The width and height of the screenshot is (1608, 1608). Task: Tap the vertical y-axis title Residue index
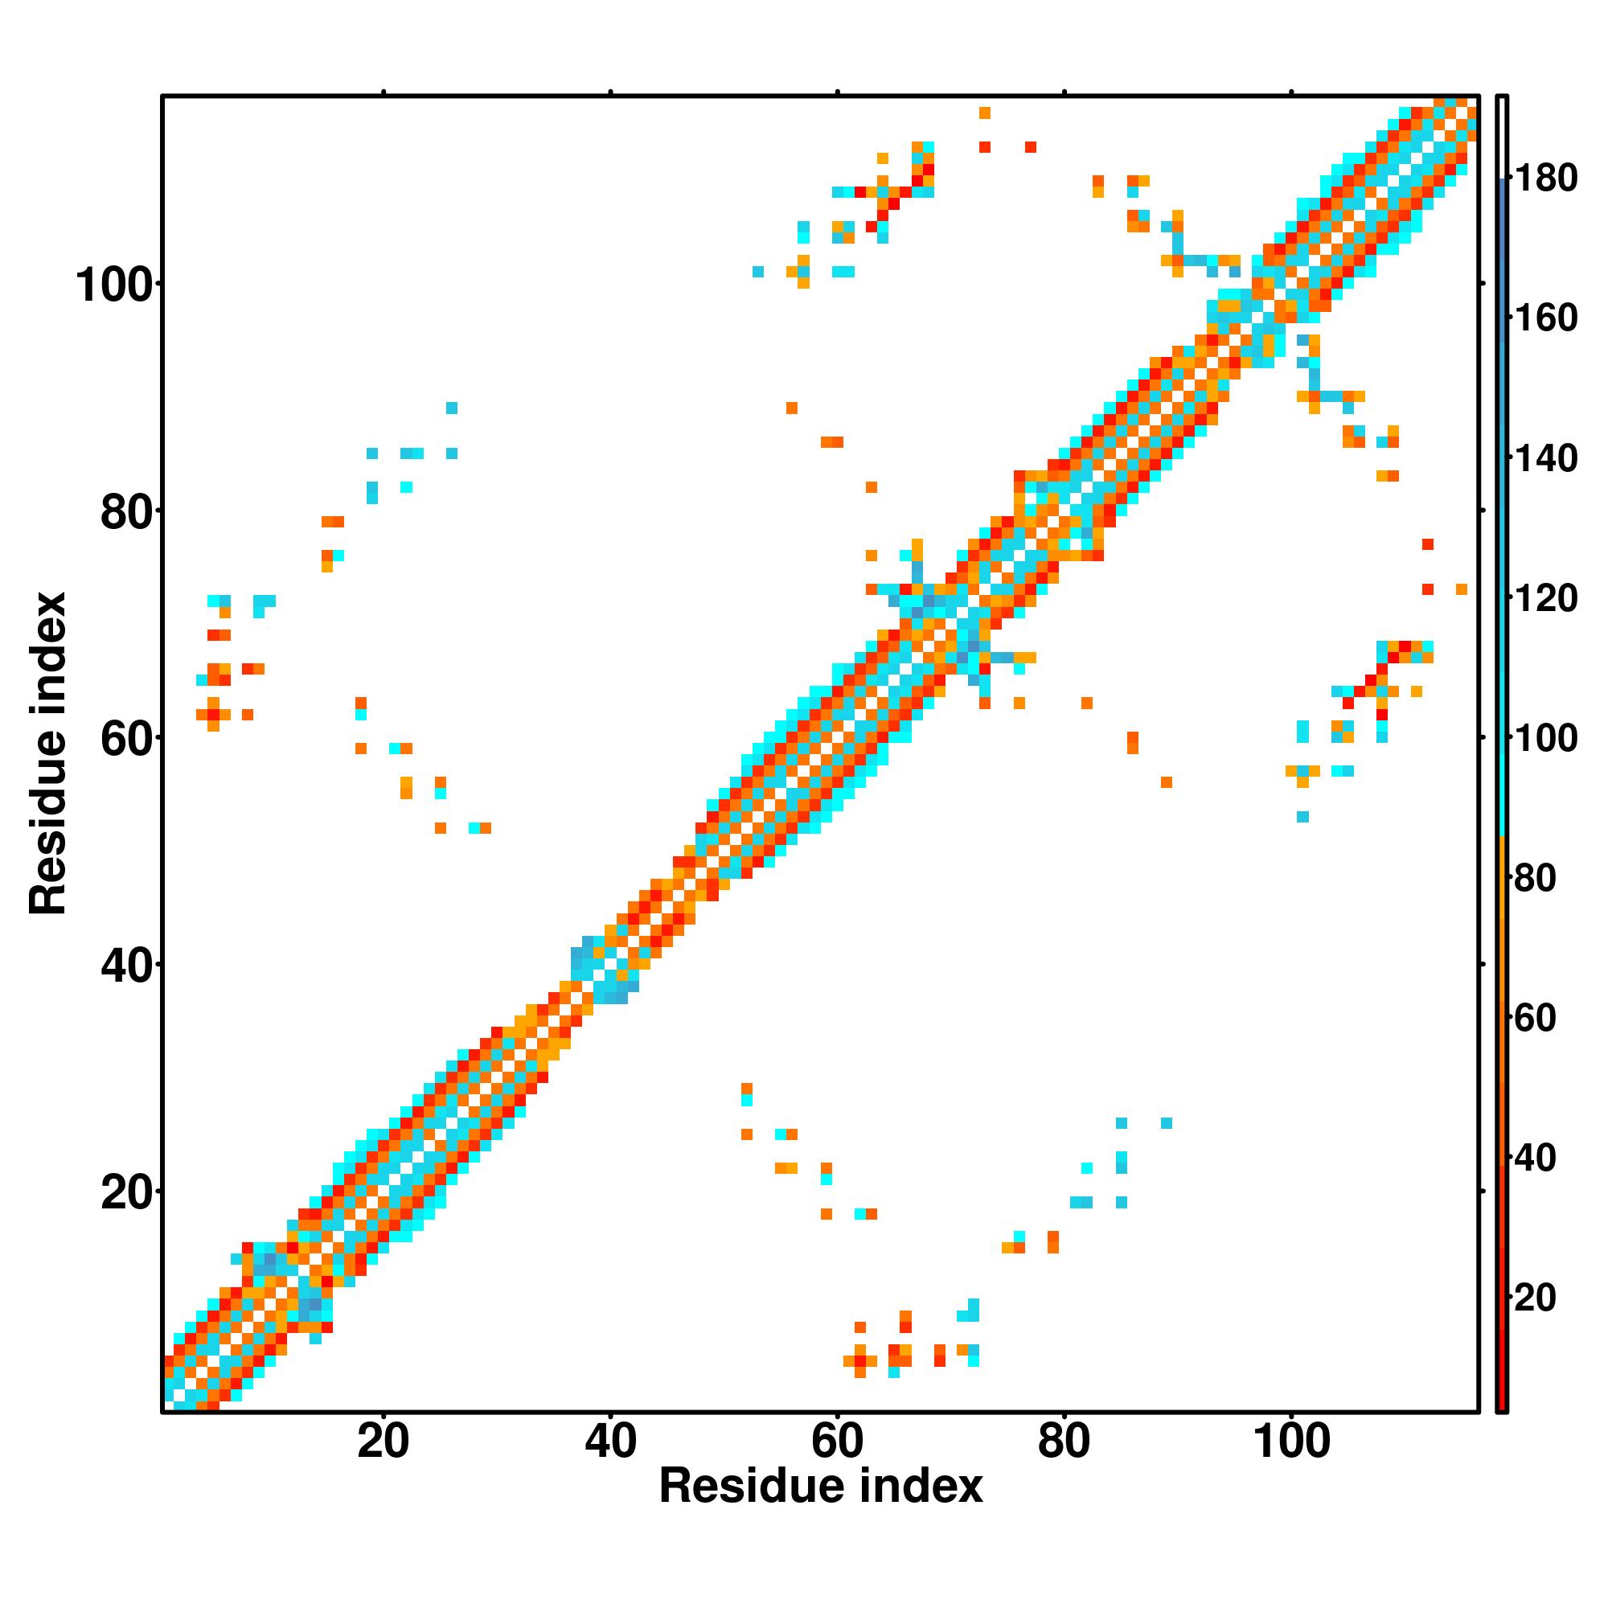pyautogui.click(x=47, y=753)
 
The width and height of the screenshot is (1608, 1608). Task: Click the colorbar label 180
pyautogui.click(x=1544, y=178)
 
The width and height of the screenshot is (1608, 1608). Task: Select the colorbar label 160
pyautogui.click(x=1544, y=318)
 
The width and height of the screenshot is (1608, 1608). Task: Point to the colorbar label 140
pyautogui.click(x=1544, y=458)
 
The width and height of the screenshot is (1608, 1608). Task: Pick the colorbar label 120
pyautogui.click(x=1544, y=598)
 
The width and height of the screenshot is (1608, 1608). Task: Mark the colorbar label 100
pyautogui.click(x=1544, y=738)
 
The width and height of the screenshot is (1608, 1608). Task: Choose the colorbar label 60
pyautogui.click(x=1536, y=1018)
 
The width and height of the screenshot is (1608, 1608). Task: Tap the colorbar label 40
pyautogui.click(x=1536, y=1158)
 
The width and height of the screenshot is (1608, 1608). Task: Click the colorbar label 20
pyautogui.click(x=1536, y=1298)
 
